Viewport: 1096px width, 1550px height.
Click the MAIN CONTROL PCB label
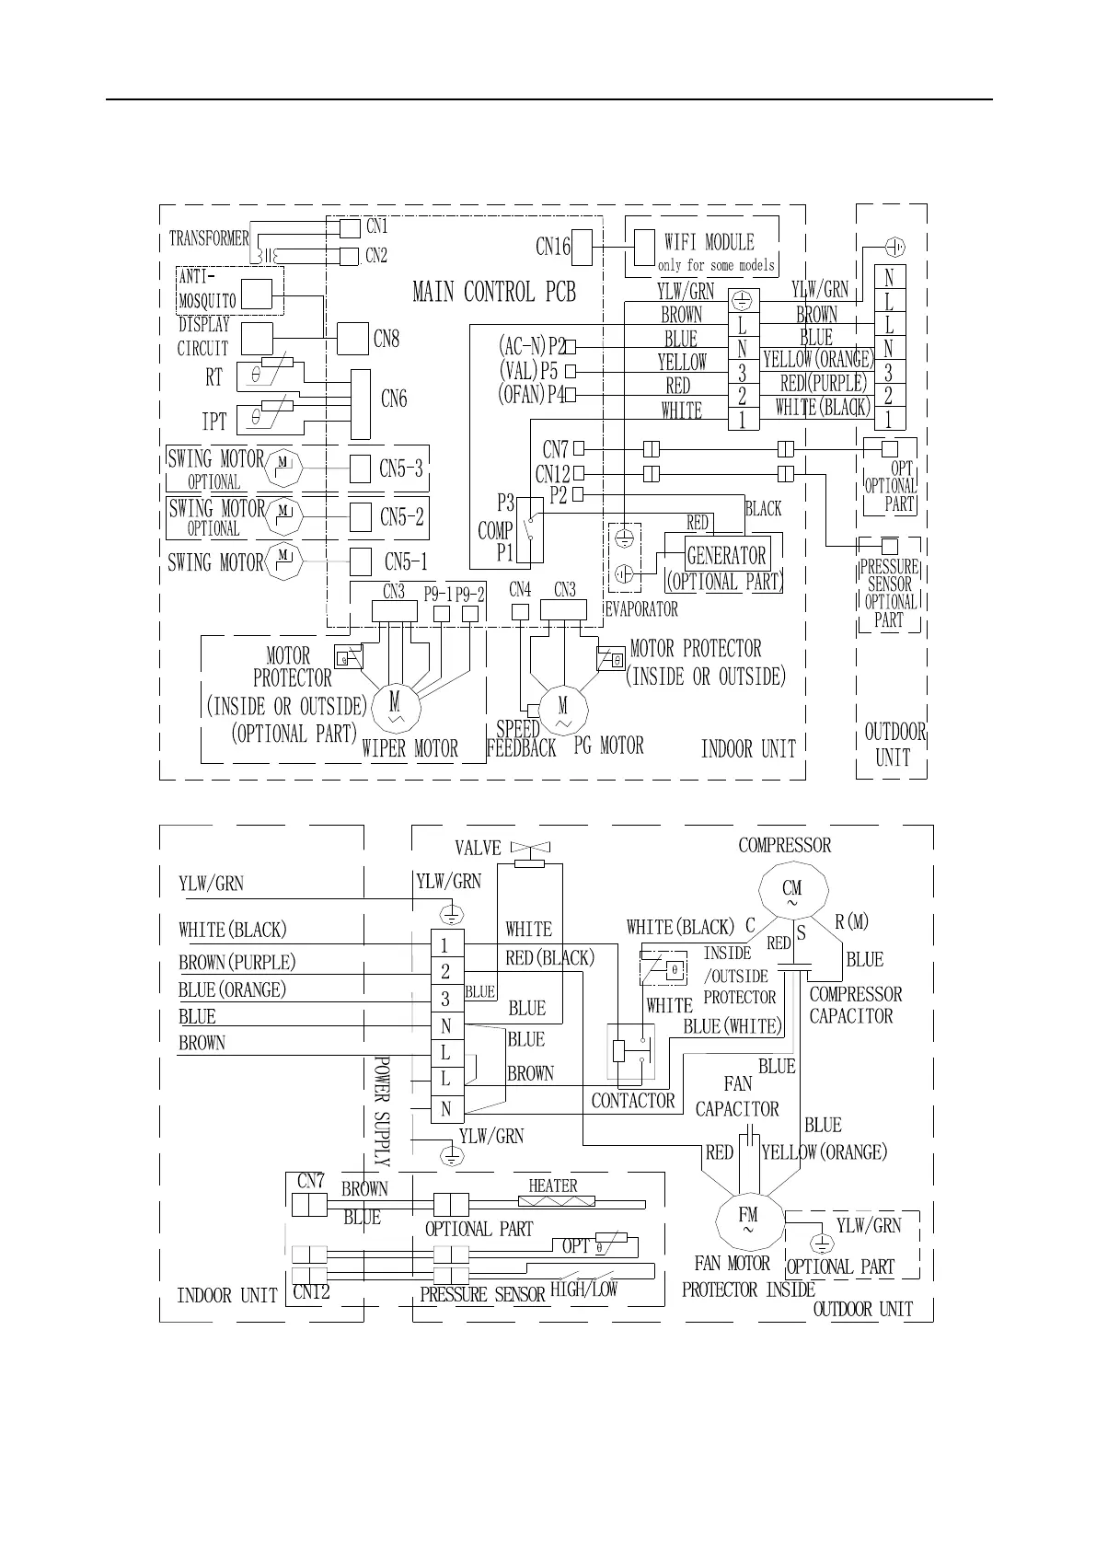pos(494,293)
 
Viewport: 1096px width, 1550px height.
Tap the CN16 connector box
pos(581,247)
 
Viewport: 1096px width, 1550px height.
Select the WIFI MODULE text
pos(709,242)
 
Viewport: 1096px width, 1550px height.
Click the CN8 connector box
pos(352,339)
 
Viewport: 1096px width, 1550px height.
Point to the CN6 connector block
pos(361,404)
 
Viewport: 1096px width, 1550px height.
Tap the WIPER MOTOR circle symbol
pos(395,706)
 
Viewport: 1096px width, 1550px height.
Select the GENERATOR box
pos(726,555)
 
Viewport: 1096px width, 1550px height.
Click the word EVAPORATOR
pos(641,609)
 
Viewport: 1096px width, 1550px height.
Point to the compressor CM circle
pos(792,891)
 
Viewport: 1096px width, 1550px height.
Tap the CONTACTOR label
pos(632,1101)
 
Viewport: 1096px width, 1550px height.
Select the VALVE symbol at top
pos(528,849)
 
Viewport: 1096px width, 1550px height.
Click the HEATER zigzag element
pos(556,1201)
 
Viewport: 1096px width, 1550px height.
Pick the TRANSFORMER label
pos(208,238)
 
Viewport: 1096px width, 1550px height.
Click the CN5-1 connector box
pos(361,561)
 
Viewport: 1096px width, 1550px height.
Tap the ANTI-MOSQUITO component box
pos(257,294)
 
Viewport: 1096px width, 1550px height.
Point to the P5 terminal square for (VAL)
pos(571,371)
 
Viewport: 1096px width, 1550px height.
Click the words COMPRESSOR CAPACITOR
pos(854,1005)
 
